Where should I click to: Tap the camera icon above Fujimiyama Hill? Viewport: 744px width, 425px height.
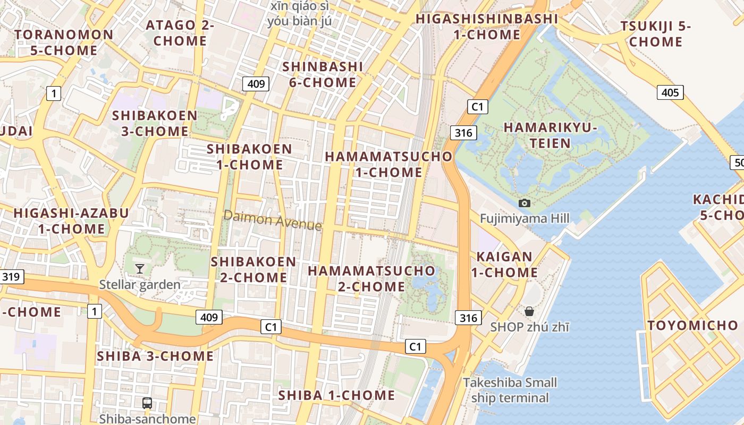[x=525, y=203]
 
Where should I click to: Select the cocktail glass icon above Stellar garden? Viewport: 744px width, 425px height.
[x=139, y=269]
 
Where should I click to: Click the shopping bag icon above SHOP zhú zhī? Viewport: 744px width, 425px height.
[x=529, y=311]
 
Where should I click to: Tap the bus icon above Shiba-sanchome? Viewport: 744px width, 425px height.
[x=147, y=403]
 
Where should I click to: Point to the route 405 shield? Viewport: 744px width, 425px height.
[x=670, y=93]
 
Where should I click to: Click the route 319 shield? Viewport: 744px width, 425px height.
[x=11, y=276]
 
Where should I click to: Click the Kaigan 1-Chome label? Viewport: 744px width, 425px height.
[x=504, y=265]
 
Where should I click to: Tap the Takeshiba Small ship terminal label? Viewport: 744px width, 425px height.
[x=510, y=390]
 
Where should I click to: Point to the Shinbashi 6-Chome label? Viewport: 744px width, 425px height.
[x=323, y=74]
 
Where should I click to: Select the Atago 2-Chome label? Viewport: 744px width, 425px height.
[x=180, y=33]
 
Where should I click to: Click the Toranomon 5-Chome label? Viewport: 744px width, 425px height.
[x=64, y=42]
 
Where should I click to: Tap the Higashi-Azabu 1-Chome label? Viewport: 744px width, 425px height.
[x=71, y=221]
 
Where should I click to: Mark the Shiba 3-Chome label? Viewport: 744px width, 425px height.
[x=155, y=356]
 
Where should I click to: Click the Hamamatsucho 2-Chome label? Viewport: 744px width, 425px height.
[x=371, y=278]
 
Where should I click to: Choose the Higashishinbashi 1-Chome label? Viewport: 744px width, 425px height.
[x=487, y=27]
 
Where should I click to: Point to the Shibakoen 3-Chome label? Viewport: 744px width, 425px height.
[x=155, y=123]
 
